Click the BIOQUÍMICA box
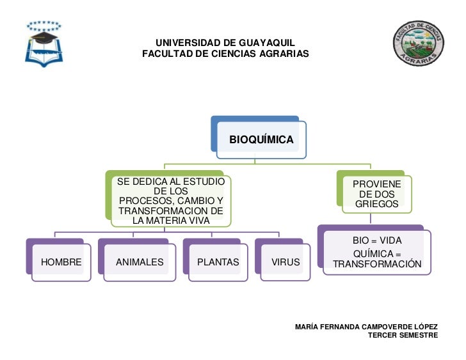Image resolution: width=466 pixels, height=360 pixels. coord(261,139)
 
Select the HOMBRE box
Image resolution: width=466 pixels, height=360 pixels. coord(61,262)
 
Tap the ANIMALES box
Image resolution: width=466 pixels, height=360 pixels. coord(140,262)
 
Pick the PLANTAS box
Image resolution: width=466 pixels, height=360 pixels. coord(218,262)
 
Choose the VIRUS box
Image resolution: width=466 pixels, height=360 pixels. coord(285,262)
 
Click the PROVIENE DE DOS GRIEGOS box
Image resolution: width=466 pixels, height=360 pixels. coord(377,194)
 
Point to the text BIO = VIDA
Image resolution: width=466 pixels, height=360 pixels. coord(377,240)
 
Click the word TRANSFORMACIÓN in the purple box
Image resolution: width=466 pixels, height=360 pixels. coord(377,264)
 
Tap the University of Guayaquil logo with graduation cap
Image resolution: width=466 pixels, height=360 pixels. coord(44,44)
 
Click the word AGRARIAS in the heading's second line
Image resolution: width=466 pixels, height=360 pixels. coord(284,54)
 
